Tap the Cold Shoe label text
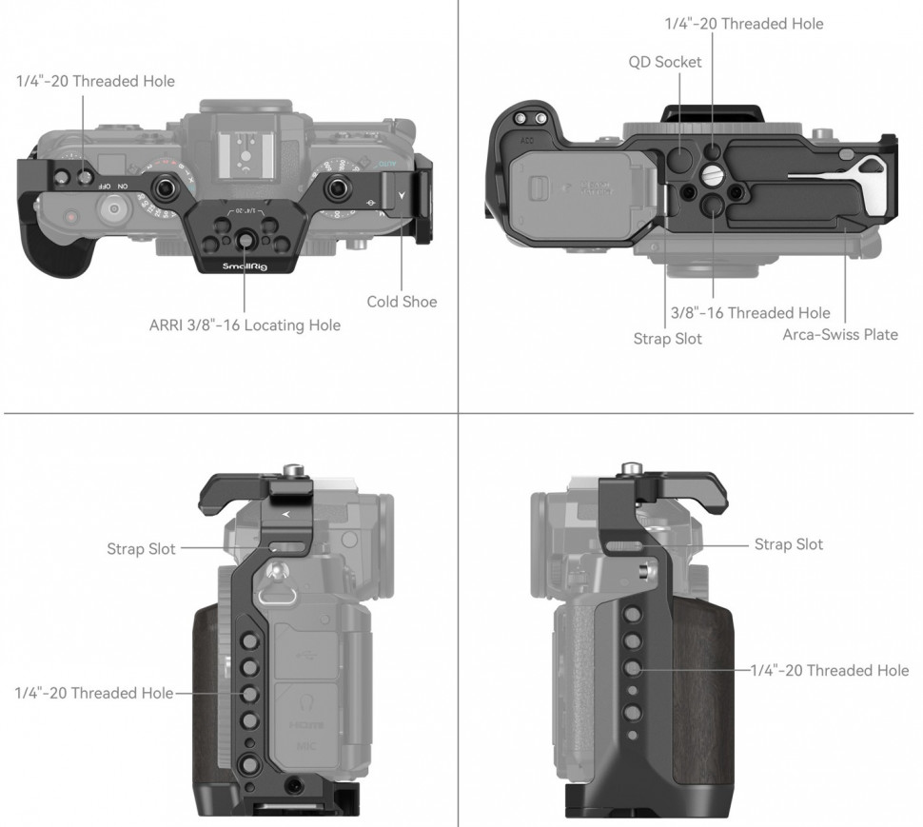pos(402,302)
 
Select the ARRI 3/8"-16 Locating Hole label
pos(245,325)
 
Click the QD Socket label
pos(665,62)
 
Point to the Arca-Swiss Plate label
pos(840,334)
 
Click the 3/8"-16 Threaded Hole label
pos(749,312)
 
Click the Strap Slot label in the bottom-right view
pos(788,544)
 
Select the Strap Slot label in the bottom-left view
pos(141,549)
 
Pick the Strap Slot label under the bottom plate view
pos(668,338)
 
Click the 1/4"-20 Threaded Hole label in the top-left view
pos(95,81)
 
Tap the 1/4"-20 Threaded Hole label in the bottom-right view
pos(829,671)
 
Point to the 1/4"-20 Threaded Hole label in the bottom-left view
pos(93,693)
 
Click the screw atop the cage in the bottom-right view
pos(630,469)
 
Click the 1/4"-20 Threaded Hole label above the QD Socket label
pos(743,24)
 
